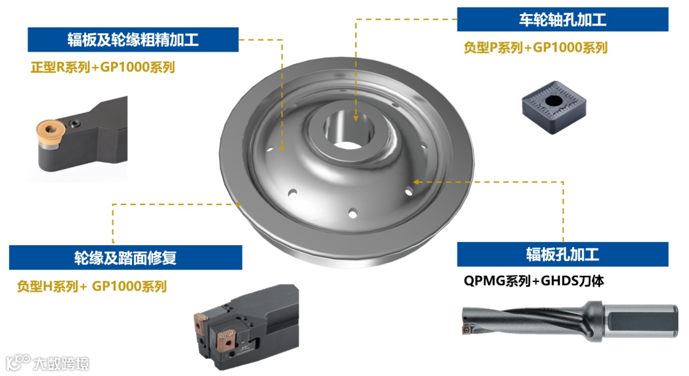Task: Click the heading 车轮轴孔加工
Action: tap(563, 20)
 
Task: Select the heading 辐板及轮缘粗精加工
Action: tap(133, 40)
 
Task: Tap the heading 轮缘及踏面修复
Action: tap(125, 258)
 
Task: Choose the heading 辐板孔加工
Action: tap(563, 254)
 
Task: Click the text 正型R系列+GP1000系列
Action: tap(103, 67)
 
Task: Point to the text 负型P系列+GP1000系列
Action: tap(536, 47)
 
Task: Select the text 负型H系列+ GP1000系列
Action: tap(92, 286)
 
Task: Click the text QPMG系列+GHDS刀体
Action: tap(534, 281)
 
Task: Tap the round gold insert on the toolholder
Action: tap(50, 131)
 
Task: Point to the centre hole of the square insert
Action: tap(553, 101)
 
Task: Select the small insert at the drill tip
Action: tap(466, 329)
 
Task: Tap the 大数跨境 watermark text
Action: tap(61, 364)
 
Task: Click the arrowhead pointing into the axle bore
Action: tap(356, 118)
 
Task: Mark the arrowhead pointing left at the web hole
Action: tap(416, 182)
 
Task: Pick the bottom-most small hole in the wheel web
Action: tap(352, 214)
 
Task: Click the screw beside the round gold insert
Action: tap(75, 124)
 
